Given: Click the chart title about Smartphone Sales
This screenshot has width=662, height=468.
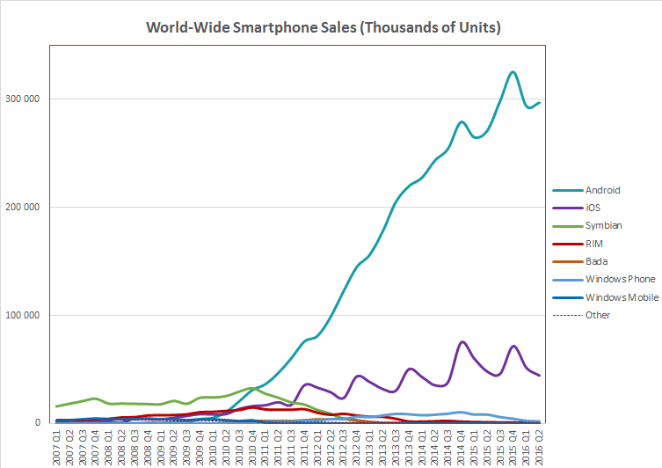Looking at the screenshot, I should (324, 28).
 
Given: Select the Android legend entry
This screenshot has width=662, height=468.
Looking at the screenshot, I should (602, 189).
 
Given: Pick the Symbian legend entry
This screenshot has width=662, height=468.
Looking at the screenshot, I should (603, 225).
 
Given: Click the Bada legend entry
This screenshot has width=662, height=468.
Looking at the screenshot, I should (597, 261).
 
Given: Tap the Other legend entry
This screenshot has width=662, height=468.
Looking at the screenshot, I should (598, 315).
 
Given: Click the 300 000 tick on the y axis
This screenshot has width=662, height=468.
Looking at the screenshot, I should (25, 99).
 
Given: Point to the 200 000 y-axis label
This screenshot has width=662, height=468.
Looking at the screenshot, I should (25, 207).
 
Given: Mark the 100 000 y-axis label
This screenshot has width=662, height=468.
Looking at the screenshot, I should (25, 315).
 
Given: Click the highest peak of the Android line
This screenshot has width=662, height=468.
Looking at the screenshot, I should (513, 72).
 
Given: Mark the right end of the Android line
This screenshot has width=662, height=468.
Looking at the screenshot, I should (539, 103).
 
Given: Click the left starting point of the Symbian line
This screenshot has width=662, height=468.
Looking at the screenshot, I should (57, 406).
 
